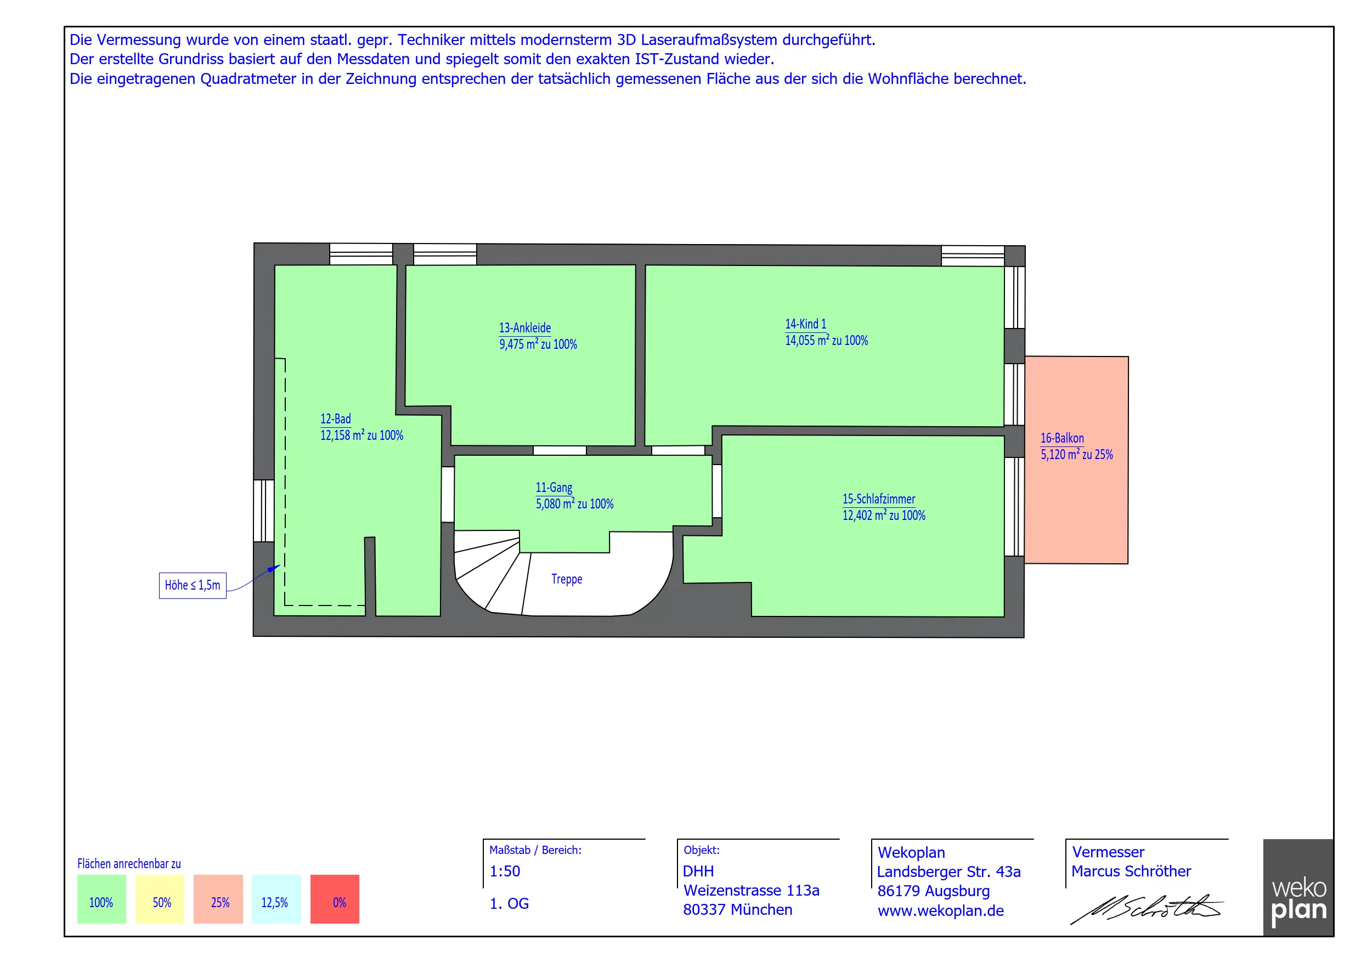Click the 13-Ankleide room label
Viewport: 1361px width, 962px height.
pyautogui.click(x=524, y=328)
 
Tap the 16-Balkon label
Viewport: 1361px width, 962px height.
pyautogui.click(x=1062, y=438)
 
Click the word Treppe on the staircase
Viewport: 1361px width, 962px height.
pyautogui.click(x=567, y=579)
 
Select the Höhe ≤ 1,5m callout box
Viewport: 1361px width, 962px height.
pyautogui.click(x=193, y=586)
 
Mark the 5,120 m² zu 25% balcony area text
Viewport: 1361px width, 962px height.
pyautogui.click(x=1076, y=455)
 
